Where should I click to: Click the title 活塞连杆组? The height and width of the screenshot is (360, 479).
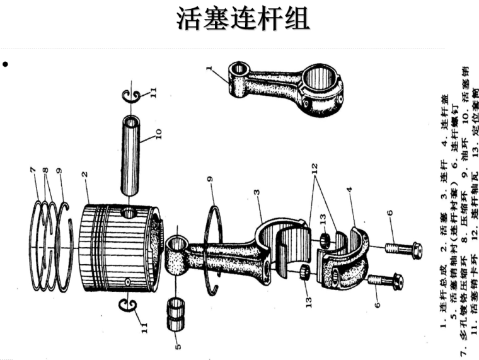tap(243, 19)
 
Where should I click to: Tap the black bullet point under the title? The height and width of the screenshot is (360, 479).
tap(6, 64)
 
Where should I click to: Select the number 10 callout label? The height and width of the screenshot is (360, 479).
tap(158, 134)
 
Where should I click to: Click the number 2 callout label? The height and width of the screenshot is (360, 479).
tap(83, 173)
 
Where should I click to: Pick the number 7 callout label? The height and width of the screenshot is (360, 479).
tap(32, 170)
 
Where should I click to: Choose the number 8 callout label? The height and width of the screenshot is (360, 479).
tap(45, 170)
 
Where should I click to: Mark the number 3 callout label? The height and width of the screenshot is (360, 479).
tap(257, 192)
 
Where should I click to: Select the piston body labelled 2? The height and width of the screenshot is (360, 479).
tap(117, 246)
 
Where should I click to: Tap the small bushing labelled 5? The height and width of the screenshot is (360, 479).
tap(176, 314)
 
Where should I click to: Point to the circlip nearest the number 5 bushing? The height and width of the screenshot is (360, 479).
tap(129, 305)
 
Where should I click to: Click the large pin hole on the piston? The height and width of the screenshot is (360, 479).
tap(129, 214)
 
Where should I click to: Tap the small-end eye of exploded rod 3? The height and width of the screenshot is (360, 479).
tap(176, 244)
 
